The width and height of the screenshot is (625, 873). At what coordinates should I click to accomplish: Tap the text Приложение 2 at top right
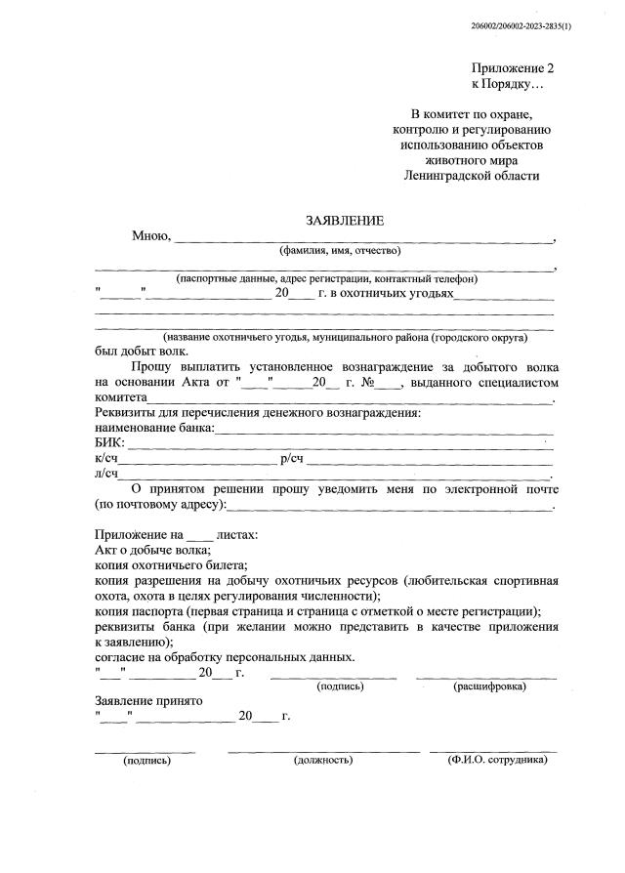tap(512, 68)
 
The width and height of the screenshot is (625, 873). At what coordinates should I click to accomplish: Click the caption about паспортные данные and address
tap(326, 279)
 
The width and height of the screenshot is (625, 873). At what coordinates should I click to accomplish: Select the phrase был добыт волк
tap(143, 352)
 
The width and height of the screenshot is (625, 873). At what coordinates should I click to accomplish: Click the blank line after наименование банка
tap(384, 429)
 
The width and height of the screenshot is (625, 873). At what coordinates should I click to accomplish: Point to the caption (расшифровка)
tap(489, 687)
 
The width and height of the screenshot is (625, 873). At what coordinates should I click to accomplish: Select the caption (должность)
tap(323, 759)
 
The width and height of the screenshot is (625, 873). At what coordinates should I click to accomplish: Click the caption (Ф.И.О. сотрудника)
tap(497, 759)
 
